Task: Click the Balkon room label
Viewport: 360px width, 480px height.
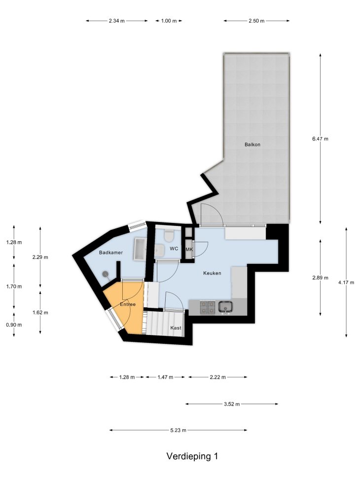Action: coord(252,145)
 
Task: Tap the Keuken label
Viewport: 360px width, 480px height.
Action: coord(212,273)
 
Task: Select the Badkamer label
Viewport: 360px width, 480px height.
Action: coord(111,253)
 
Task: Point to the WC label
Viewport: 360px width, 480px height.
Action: coord(174,249)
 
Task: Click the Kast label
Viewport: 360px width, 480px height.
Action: coord(176,328)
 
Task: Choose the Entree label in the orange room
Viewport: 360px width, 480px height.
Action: coord(128,304)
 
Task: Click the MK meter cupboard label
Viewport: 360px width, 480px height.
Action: coord(189,250)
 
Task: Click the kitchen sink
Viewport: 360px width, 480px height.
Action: coord(225,307)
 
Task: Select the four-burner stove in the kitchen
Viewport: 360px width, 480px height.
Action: coord(207,307)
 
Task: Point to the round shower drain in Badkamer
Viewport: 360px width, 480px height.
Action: coord(106,274)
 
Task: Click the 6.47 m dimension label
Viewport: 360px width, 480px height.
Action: coord(320,139)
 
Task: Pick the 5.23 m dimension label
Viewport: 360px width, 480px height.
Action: coord(178,430)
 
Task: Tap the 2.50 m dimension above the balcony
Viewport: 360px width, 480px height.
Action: coord(256,21)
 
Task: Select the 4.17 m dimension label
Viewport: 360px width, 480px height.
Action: coord(346,283)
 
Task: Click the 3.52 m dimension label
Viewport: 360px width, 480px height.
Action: coord(232,404)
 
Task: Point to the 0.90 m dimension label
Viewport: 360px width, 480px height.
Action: coord(14,325)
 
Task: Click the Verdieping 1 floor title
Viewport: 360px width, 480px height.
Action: coord(192,456)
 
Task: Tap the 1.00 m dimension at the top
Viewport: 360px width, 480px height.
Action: coord(169,21)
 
